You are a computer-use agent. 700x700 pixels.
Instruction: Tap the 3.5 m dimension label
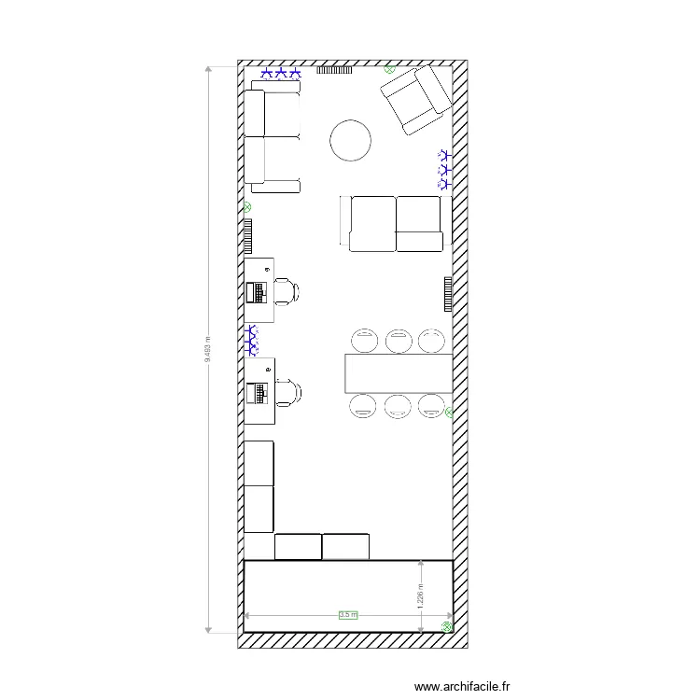point(348,615)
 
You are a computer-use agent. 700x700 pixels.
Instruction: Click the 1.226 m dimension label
point(420,594)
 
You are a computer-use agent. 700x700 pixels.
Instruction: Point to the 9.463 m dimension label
point(207,349)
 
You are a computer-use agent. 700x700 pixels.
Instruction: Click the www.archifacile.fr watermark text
point(463,686)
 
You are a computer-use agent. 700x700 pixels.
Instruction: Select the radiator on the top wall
point(334,69)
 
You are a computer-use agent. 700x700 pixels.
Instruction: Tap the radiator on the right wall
point(448,294)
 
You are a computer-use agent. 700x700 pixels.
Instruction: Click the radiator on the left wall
point(248,236)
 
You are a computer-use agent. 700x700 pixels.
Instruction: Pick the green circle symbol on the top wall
point(389,68)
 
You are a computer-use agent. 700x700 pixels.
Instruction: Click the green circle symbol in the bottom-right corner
point(447,627)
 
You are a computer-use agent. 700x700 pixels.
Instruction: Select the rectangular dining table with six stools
point(399,373)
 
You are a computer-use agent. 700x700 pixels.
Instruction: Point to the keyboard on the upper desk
point(255,292)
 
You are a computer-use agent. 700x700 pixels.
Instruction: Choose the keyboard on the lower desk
point(255,392)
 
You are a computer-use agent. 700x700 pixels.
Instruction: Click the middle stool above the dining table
point(399,340)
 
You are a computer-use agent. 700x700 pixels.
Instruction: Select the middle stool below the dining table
point(399,405)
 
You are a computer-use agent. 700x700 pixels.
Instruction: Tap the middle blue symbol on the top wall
point(281,72)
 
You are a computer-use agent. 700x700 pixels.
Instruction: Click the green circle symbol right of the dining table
point(450,411)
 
